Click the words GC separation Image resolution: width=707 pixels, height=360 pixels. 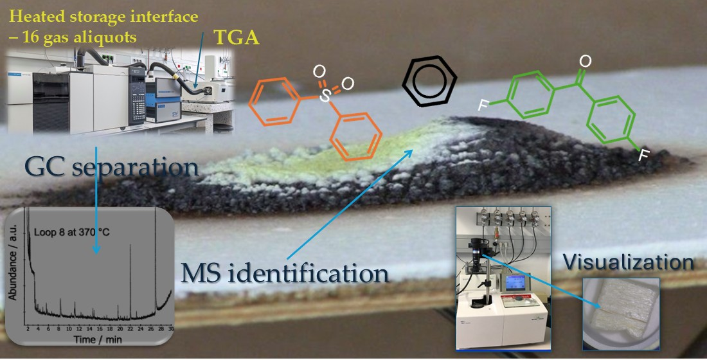tap(112, 168)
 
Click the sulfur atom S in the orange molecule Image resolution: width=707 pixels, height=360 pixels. tap(327, 96)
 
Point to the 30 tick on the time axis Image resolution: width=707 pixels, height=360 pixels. tap(170, 328)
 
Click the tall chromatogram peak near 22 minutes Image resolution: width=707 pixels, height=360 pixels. tap(130, 283)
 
